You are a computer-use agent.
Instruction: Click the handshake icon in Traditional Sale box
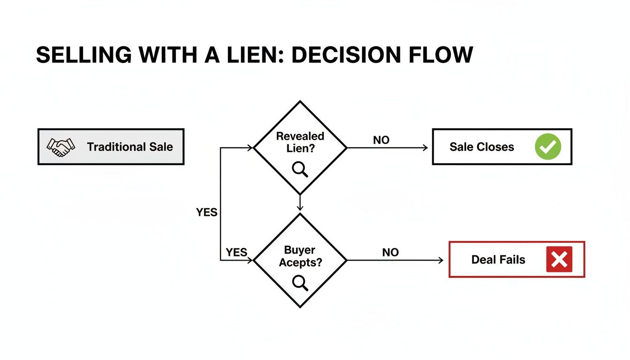click(x=60, y=147)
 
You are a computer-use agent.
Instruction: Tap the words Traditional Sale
click(x=130, y=147)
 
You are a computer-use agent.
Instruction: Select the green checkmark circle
click(x=547, y=147)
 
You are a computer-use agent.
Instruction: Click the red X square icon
click(x=559, y=259)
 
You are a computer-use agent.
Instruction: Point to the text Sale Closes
click(x=481, y=147)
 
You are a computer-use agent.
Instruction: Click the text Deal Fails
click(x=498, y=259)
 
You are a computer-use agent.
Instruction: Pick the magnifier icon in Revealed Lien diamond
click(x=300, y=169)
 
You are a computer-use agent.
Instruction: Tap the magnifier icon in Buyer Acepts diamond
click(x=300, y=283)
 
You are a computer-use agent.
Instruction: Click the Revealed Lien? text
click(x=300, y=142)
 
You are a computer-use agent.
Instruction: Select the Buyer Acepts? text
click(x=300, y=256)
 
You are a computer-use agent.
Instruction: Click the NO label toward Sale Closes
click(x=381, y=140)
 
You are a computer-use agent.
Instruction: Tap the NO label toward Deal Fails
click(x=390, y=253)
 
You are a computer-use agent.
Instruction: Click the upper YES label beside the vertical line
click(x=207, y=212)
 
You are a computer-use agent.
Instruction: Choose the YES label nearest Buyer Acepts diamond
click(x=236, y=253)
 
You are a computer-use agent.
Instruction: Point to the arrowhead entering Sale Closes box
click(x=425, y=148)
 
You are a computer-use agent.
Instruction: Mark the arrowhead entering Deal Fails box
click(x=440, y=260)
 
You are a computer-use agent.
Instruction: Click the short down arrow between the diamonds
click(x=300, y=203)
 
